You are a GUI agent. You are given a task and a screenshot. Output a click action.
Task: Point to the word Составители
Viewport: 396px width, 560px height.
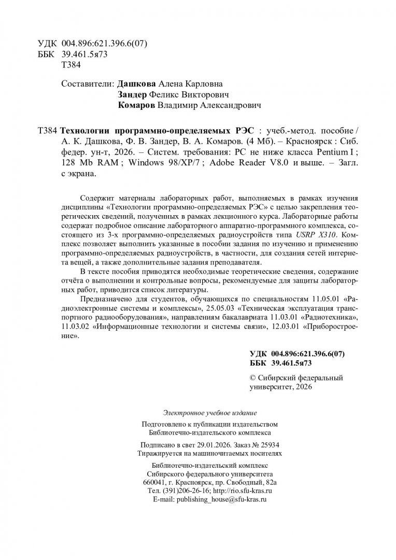click(x=87, y=83)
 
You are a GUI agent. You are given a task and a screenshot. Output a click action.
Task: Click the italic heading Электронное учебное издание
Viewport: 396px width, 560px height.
click(x=209, y=413)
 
